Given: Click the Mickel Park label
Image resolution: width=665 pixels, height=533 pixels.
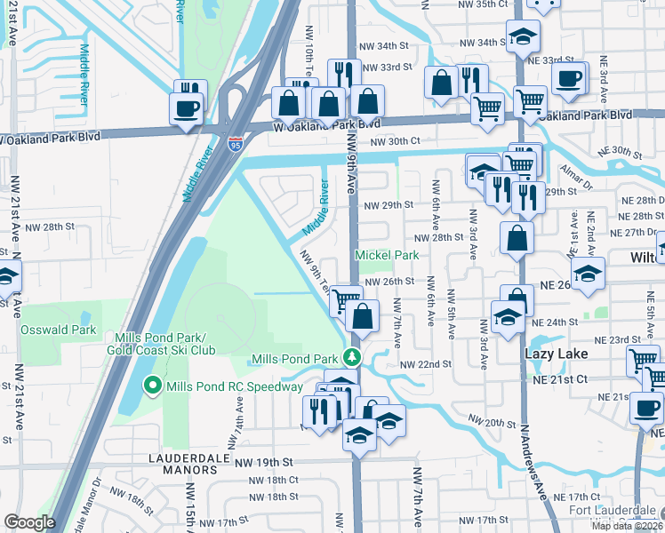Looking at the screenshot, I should [x=387, y=256].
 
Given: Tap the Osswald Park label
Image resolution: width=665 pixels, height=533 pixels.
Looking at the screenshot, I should [x=58, y=330].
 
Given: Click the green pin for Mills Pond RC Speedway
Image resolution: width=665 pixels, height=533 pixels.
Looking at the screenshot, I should [x=152, y=386].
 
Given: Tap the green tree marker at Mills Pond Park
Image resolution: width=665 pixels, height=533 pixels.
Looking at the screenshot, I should [x=353, y=358].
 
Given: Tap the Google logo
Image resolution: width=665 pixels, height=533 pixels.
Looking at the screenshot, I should [x=29, y=522].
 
